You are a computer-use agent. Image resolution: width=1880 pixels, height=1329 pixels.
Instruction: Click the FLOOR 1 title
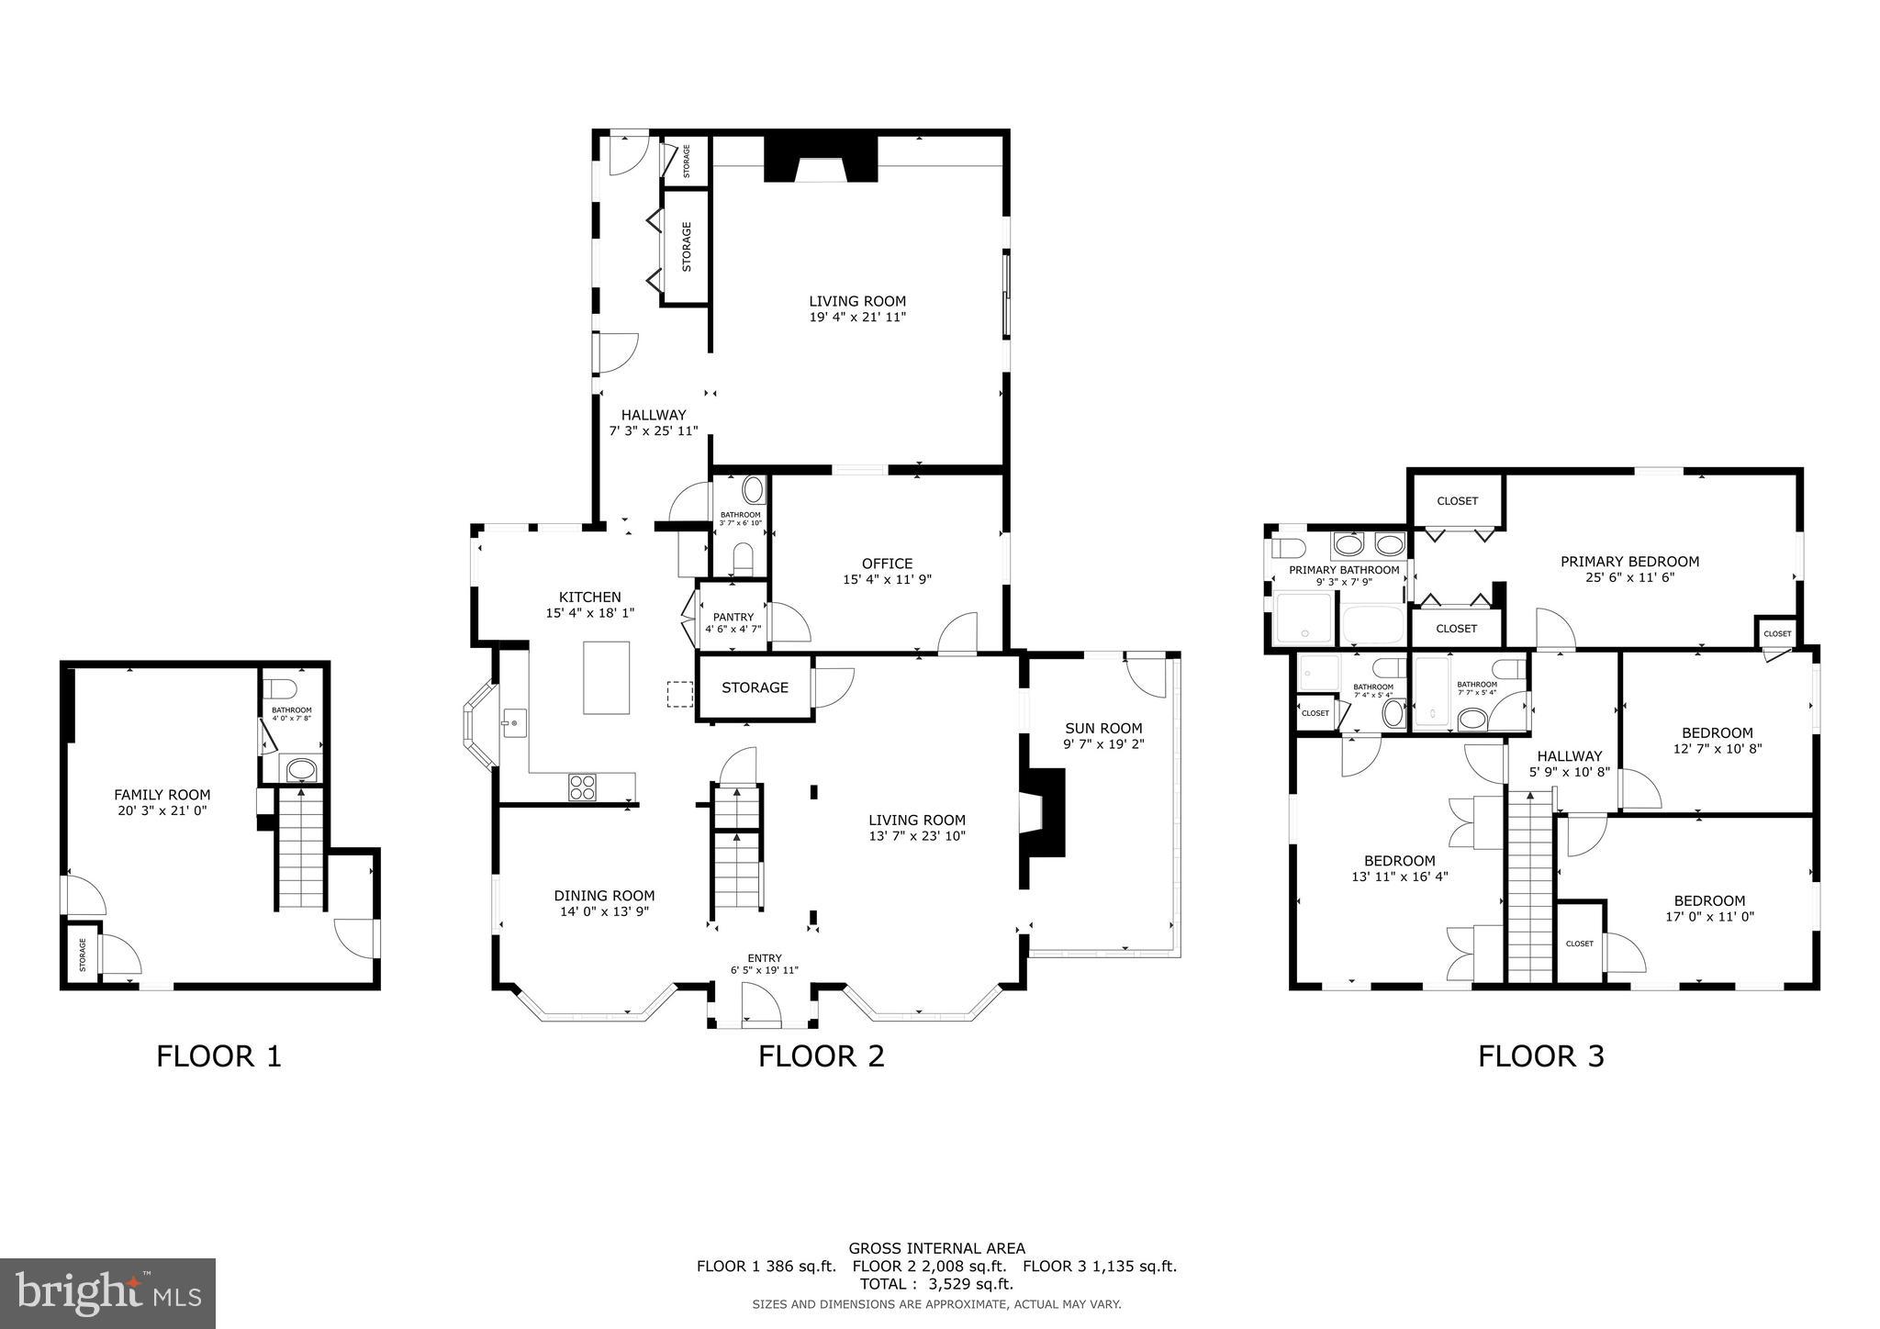[218, 1055]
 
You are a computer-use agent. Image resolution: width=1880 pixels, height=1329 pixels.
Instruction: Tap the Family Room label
[162, 795]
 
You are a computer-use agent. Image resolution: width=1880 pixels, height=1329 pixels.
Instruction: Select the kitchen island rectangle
[607, 677]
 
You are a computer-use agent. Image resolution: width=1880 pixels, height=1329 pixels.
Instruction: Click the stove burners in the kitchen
[582, 787]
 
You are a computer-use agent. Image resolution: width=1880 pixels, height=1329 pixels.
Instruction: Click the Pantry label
[733, 617]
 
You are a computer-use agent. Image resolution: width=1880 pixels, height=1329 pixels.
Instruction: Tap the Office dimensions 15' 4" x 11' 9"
[887, 579]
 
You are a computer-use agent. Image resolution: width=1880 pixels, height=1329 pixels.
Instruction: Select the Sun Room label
[1102, 728]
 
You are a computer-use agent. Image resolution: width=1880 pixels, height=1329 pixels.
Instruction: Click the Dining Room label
[604, 896]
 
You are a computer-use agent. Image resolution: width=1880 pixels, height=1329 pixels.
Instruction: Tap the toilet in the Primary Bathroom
[1289, 549]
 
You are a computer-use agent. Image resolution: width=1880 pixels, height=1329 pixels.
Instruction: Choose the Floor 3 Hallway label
[1569, 756]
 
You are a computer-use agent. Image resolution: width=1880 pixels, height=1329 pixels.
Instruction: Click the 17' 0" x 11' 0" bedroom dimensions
[1708, 916]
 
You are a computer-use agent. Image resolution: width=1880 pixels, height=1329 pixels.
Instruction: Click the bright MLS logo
[107, 1294]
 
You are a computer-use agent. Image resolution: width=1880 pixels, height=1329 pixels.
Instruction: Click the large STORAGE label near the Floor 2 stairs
[755, 687]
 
